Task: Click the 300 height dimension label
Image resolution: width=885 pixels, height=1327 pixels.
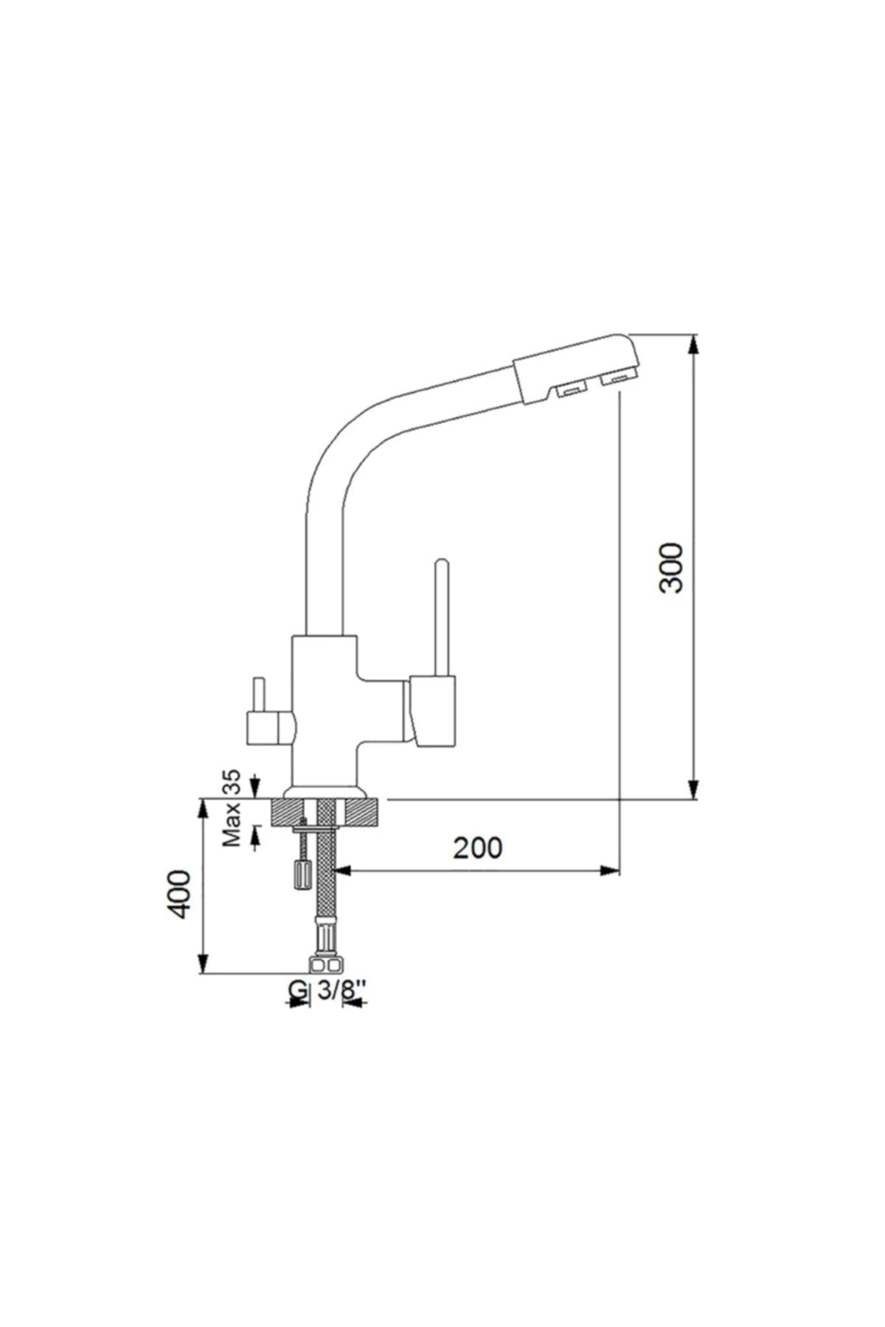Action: tap(673, 568)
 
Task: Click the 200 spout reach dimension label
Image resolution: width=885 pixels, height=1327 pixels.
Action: tap(477, 848)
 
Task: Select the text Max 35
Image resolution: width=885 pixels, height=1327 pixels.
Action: tap(233, 808)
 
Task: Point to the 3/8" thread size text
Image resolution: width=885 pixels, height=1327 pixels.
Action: tap(341, 991)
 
